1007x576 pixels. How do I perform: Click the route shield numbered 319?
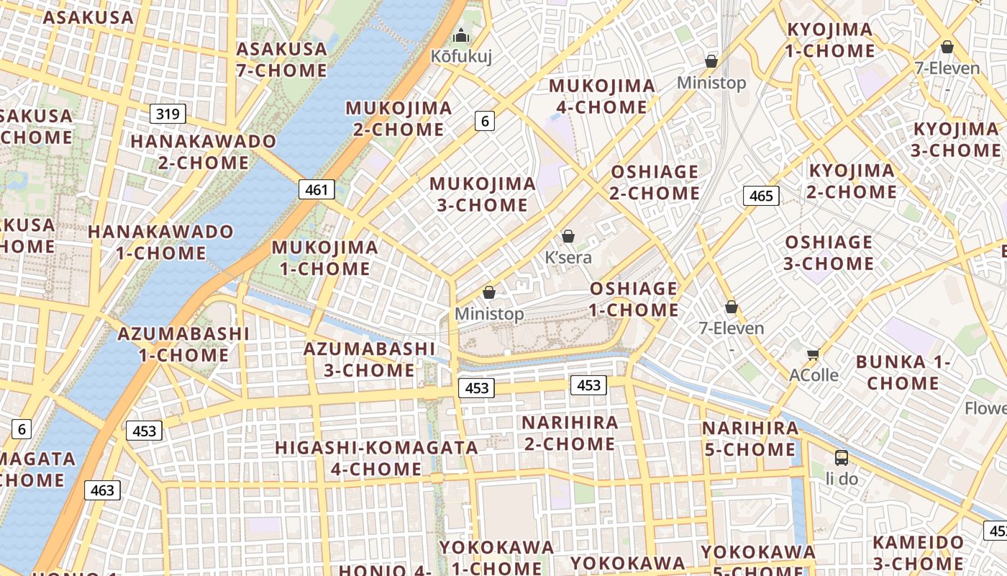point(168,114)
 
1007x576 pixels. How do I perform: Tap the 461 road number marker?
point(316,190)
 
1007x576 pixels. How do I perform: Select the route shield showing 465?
point(761,196)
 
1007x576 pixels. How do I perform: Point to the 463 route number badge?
point(103,490)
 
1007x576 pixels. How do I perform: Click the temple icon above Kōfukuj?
point(461,35)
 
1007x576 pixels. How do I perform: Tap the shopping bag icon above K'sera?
point(568,236)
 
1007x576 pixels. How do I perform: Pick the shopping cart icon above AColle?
point(814,354)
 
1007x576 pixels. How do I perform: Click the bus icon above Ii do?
point(841,457)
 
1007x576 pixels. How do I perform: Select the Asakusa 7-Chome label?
point(282,60)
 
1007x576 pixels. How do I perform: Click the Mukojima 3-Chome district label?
point(483,194)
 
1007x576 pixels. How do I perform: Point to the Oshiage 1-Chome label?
point(634,300)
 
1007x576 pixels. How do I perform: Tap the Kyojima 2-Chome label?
point(852,181)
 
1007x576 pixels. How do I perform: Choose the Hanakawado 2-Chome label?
point(204,152)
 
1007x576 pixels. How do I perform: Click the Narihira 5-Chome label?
point(750,439)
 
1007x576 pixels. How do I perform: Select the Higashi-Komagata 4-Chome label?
point(376,459)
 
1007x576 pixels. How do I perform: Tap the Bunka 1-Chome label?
point(903,372)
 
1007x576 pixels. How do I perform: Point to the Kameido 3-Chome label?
point(919,553)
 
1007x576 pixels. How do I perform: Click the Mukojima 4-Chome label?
point(602,96)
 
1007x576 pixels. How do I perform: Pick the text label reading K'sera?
point(568,258)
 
